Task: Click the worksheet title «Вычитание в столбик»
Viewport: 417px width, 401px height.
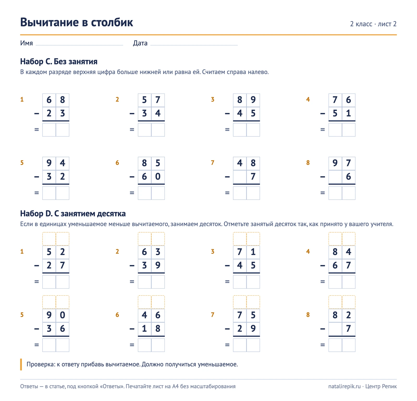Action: click(x=77, y=22)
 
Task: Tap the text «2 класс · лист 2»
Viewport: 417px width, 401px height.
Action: click(x=373, y=24)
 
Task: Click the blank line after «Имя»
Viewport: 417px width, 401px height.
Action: click(x=79, y=45)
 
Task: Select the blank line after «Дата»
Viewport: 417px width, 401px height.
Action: click(x=194, y=45)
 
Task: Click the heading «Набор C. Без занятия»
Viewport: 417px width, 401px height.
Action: click(x=59, y=62)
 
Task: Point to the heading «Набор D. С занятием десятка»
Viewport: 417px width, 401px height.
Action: click(x=73, y=214)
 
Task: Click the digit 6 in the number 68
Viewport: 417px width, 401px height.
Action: click(x=49, y=100)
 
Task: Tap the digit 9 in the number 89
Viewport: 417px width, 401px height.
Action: click(x=253, y=100)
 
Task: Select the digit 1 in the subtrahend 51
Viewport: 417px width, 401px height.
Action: click(x=348, y=113)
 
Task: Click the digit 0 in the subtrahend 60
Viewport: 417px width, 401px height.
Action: click(x=158, y=177)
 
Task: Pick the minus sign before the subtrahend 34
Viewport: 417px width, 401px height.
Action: click(x=132, y=113)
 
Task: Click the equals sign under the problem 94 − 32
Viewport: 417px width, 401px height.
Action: click(x=36, y=193)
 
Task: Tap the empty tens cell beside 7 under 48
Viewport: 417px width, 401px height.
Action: click(x=240, y=177)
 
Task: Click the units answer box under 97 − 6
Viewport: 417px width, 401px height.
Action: click(x=348, y=193)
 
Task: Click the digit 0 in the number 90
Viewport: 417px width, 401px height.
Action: click(x=62, y=315)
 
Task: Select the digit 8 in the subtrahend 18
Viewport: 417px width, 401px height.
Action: click(x=158, y=329)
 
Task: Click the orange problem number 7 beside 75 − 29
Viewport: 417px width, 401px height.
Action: click(x=212, y=315)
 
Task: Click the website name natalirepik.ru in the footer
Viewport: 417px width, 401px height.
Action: click(x=345, y=386)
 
